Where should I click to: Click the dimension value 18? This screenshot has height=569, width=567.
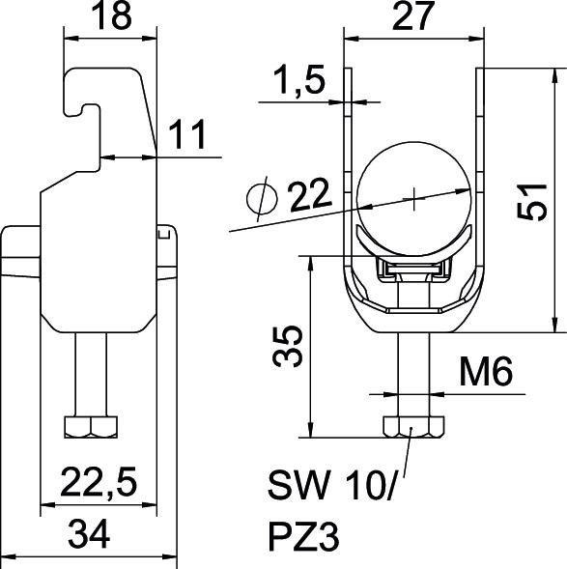(x=111, y=16)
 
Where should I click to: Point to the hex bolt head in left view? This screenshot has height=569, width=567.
(x=90, y=426)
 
